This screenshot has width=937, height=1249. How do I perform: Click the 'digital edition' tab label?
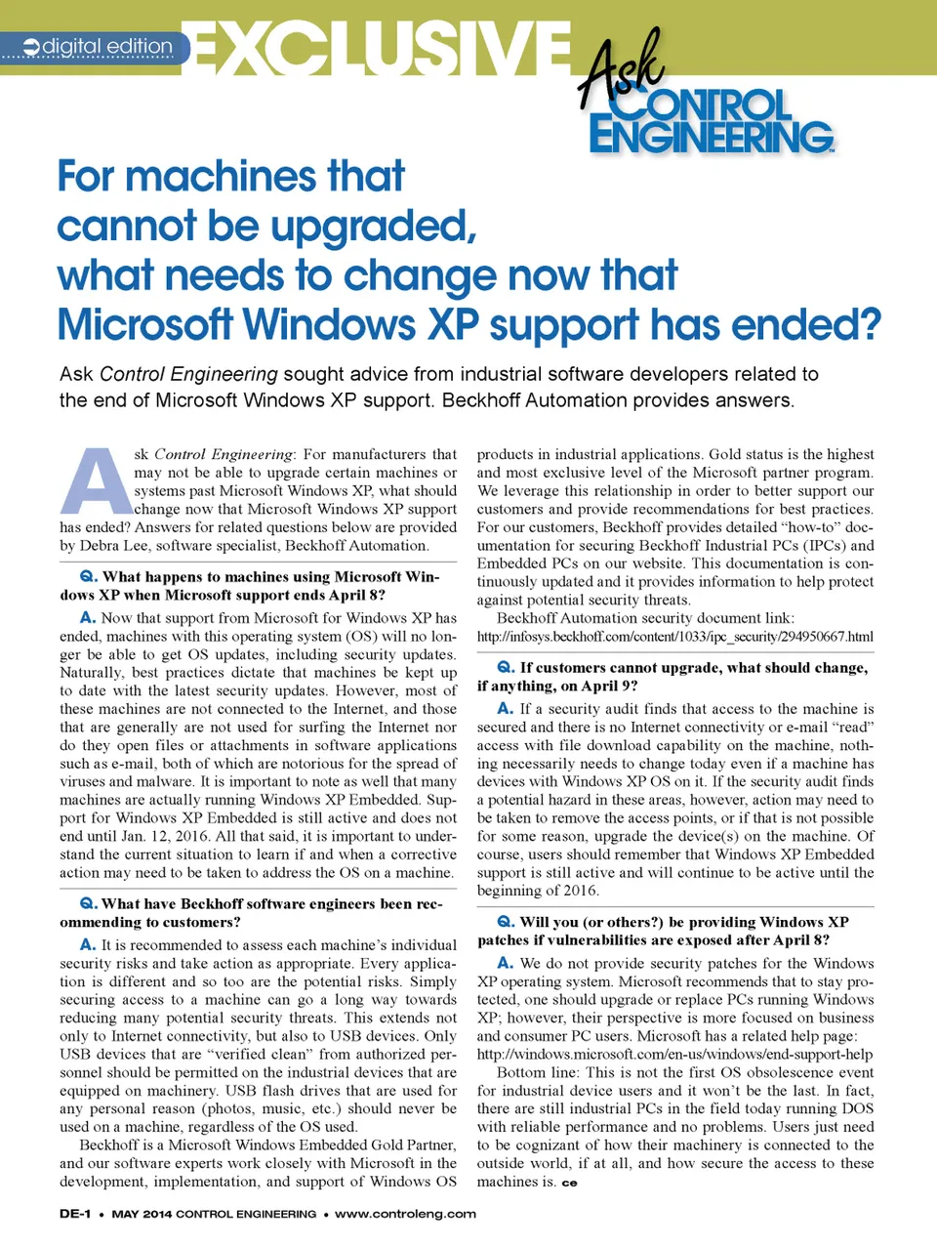coord(107,46)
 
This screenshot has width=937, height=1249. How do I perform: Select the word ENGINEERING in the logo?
coord(711,137)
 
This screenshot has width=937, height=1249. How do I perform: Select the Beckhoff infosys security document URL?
coord(674,637)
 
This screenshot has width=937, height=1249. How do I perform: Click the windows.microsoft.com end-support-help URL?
coord(674,1054)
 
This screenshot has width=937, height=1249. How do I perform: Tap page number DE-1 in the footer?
coord(75,1214)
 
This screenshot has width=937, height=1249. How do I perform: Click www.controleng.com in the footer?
coord(405,1214)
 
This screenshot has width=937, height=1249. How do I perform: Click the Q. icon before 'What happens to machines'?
coord(88,577)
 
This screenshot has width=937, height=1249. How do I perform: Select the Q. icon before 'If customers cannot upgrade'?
coord(506,667)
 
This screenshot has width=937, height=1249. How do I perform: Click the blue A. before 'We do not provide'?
coord(506,963)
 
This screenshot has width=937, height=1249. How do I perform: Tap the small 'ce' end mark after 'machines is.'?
coord(569,1183)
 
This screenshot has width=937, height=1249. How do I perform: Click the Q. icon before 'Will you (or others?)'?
coord(506,922)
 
